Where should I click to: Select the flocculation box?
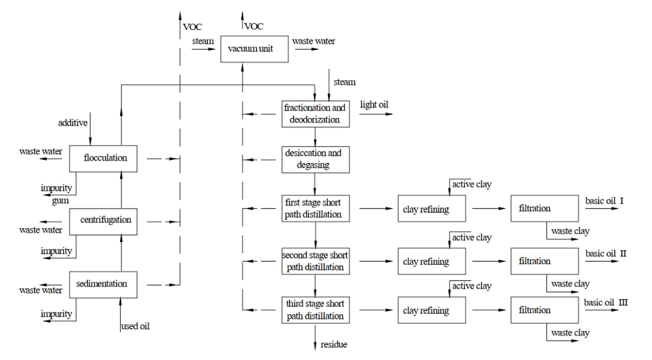(105, 158)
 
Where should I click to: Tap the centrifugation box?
(105, 220)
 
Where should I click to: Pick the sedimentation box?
(105, 284)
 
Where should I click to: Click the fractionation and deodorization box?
(316, 113)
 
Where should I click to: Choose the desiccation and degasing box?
(316, 159)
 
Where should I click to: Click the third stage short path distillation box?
(316, 309)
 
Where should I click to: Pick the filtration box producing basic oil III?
(544, 310)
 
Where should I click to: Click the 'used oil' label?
(136, 325)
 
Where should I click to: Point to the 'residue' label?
(334, 344)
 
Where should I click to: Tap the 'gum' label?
(61, 200)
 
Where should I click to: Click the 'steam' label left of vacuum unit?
(203, 42)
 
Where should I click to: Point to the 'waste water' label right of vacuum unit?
(314, 42)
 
